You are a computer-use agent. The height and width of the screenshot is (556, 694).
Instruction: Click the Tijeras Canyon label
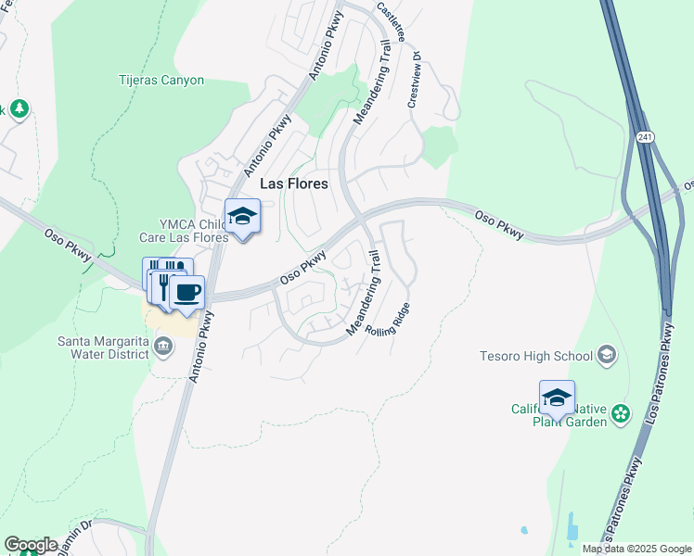(161, 81)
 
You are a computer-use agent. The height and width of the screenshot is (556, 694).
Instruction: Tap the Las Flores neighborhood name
(293, 183)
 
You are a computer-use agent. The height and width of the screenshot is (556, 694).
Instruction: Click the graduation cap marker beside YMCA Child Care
(242, 217)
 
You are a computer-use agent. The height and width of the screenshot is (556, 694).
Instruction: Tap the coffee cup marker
(186, 292)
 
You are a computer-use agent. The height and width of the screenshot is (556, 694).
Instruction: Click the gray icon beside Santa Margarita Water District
(163, 347)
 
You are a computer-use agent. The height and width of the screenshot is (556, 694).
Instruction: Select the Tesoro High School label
(536, 356)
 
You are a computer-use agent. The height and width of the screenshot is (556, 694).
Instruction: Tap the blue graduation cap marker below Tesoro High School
(557, 398)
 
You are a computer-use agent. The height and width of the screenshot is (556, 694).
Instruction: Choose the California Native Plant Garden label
(559, 415)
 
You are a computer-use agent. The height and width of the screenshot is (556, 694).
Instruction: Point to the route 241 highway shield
(645, 137)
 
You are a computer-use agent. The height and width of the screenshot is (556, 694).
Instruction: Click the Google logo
(30, 545)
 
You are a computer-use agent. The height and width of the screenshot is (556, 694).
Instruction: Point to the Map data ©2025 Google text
(636, 549)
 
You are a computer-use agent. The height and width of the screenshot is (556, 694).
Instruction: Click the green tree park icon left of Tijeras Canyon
(19, 109)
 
